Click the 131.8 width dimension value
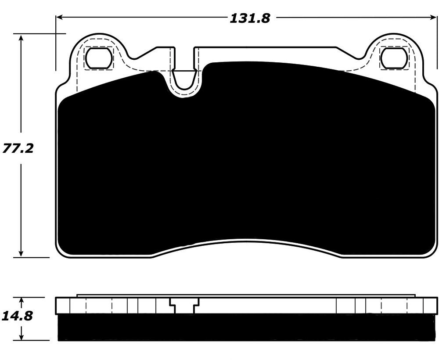pyautogui.click(x=249, y=18)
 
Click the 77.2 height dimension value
pyautogui.click(x=18, y=148)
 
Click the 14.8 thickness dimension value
pyautogui.click(x=18, y=316)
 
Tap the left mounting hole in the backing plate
pyautogui.click(x=98, y=58)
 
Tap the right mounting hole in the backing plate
pyautogui.click(x=394, y=58)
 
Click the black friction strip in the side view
pyautogui.click(x=246, y=328)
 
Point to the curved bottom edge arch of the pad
pyautogui.click(x=246, y=241)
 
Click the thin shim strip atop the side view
pyautogui.click(x=246, y=296)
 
